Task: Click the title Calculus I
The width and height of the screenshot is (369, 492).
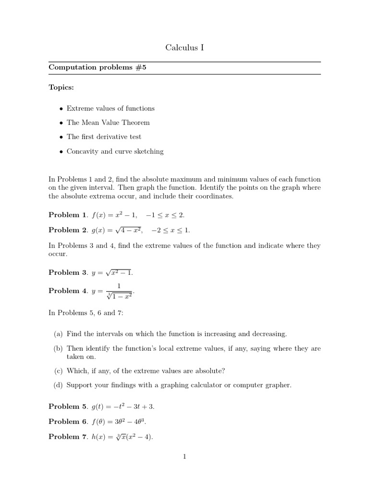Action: tap(184, 47)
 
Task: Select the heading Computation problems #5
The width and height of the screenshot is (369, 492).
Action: tap(97, 68)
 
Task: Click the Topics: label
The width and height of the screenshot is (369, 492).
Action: tap(61, 88)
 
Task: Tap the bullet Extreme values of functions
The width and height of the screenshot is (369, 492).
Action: tap(111, 108)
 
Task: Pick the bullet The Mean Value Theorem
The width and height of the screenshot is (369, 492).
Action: tap(108, 123)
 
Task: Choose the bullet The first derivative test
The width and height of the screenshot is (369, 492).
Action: tap(104, 137)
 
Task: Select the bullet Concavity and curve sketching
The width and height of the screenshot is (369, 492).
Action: tap(115, 151)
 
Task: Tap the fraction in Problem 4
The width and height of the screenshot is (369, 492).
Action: tap(119, 291)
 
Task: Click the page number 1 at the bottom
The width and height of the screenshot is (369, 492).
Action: tap(184, 456)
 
